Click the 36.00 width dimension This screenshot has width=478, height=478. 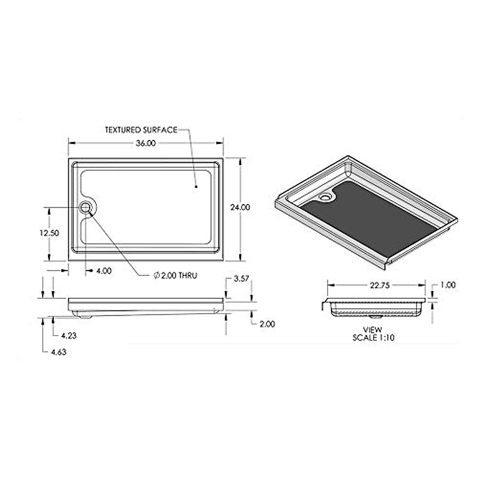145,143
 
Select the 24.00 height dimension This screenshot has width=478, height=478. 240,207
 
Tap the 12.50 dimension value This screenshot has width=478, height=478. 49,233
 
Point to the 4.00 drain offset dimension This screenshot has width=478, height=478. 104,271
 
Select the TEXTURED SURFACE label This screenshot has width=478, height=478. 141,130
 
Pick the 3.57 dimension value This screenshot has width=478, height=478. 241,278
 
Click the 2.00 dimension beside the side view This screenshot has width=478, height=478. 267,324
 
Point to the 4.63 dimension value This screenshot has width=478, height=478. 58,352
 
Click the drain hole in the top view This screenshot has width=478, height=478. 85,208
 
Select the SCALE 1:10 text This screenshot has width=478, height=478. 373,337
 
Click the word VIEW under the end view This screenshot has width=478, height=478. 372,330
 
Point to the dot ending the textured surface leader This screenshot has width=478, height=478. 196,186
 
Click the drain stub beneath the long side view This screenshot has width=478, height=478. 85,317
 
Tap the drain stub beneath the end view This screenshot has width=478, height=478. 374,317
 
